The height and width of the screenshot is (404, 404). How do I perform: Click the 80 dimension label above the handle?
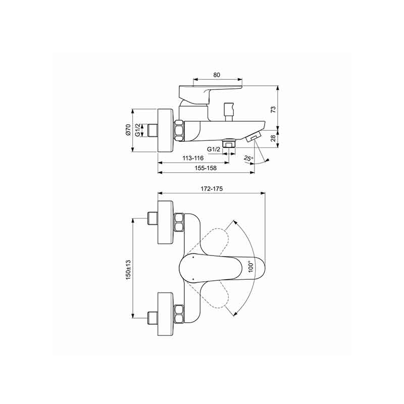pyautogui.click(x=217, y=75)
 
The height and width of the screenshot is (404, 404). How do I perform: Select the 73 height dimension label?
pyautogui.click(x=273, y=109)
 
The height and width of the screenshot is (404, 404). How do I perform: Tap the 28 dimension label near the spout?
pyautogui.click(x=273, y=138)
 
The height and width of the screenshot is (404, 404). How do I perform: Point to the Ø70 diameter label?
pyautogui.click(x=128, y=130)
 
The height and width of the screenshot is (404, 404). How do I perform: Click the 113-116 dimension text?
pyautogui.click(x=193, y=158)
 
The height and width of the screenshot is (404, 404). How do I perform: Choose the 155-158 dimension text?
pyautogui.click(x=206, y=168)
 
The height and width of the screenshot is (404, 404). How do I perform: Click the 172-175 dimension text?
pyautogui.click(x=212, y=189)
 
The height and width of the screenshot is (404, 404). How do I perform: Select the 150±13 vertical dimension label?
pyautogui.click(x=129, y=270)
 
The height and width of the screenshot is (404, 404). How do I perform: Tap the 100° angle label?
pyautogui.click(x=251, y=267)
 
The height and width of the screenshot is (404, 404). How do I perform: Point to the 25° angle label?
pyautogui.click(x=248, y=159)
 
